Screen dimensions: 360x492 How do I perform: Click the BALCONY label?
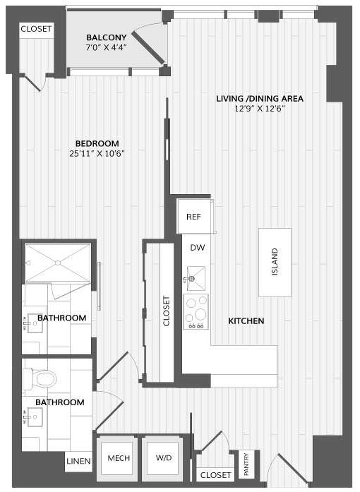tap(107, 37)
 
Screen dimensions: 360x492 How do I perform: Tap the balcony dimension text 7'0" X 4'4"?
tap(106, 47)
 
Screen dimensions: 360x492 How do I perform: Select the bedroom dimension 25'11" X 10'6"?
tap(97, 154)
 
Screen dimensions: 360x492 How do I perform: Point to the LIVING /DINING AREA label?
tap(260, 99)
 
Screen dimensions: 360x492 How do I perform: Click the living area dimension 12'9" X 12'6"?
tap(260, 109)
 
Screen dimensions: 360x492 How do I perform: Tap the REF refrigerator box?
tap(193, 217)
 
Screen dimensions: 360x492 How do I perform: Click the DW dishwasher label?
tap(198, 248)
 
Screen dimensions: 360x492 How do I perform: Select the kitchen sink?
tap(196, 278)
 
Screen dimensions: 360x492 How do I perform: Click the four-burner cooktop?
tap(196, 311)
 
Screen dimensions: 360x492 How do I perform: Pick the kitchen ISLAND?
tap(275, 263)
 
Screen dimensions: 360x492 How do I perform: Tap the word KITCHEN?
tap(246, 321)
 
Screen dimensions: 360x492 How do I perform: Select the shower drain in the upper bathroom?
tap(58, 263)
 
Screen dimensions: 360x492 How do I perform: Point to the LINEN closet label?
tap(78, 461)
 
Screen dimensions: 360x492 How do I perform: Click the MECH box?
tap(119, 458)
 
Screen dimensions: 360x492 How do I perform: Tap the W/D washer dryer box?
tap(164, 458)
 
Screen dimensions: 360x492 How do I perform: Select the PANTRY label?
tap(246, 464)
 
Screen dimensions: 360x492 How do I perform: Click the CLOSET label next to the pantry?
tap(215, 475)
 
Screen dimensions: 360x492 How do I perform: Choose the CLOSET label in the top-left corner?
tap(36, 29)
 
